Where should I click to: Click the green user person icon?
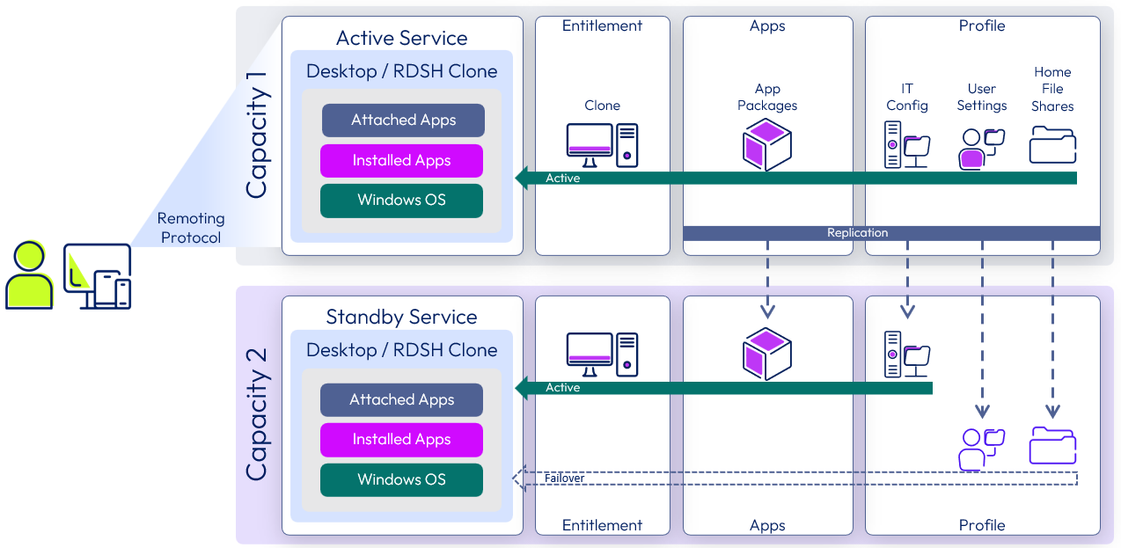(29, 274)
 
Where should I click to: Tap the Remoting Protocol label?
(191, 228)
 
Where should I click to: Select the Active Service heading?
(401, 38)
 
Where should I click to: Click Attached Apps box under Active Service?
(403, 121)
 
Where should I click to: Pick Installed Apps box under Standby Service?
(401, 440)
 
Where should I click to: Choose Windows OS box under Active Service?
(401, 201)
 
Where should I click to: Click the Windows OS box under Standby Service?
(401, 480)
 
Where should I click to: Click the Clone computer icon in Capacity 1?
(602, 145)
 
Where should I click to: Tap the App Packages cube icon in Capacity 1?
(766, 145)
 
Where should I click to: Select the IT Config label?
(906, 97)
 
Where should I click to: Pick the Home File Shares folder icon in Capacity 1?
(1052, 145)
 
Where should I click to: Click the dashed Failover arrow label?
(564, 479)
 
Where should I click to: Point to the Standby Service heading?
(401, 317)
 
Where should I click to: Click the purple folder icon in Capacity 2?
(1052, 446)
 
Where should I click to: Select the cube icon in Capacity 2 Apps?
(766, 354)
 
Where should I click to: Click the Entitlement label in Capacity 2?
(602, 525)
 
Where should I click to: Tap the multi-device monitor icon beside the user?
(98, 276)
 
